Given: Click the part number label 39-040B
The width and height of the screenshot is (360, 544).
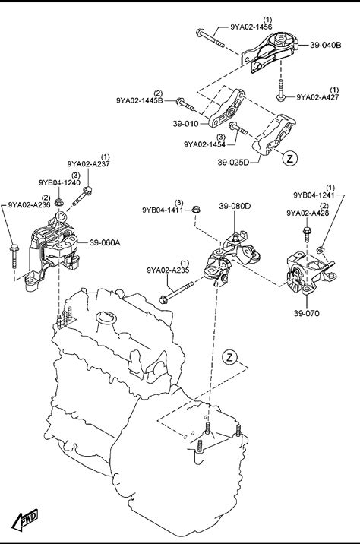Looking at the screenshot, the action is point(325,45).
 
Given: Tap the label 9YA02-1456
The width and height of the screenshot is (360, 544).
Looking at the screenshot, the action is point(251,27).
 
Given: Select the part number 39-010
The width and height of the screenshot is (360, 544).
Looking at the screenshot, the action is point(185,124).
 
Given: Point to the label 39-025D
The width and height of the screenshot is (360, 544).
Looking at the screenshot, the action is point(233,162).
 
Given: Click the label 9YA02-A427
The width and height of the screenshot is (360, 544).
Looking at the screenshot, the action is point(317,97).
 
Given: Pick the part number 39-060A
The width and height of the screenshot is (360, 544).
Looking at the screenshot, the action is point(104,242).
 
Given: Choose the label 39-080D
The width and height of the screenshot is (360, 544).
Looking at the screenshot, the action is point(235,206).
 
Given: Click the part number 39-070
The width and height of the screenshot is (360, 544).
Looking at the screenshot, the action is point(306,313).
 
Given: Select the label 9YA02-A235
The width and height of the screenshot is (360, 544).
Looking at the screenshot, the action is point(168,270).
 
